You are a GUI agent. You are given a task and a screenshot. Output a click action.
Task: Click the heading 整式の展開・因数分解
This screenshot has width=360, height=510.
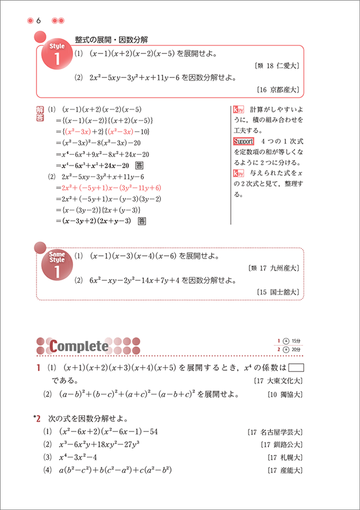113,39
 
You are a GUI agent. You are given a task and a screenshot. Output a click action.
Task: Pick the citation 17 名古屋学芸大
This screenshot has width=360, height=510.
275,431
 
